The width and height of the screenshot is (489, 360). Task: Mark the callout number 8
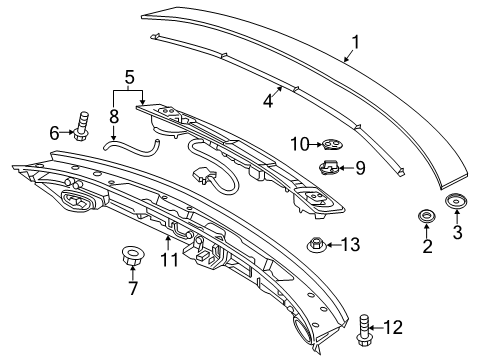(x=113, y=116)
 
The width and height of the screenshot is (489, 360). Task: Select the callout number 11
(x=167, y=262)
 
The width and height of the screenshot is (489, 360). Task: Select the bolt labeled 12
(x=364, y=325)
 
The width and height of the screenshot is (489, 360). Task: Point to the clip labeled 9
(x=330, y=166)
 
